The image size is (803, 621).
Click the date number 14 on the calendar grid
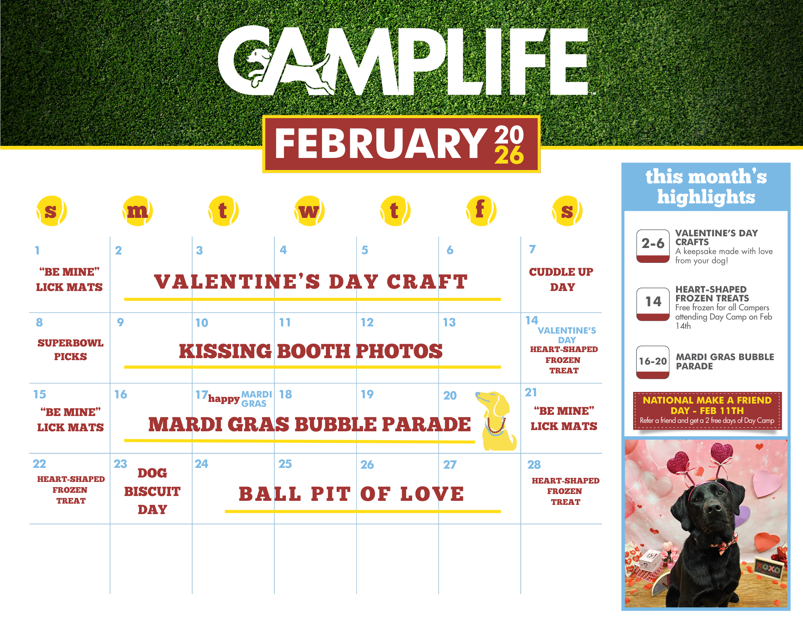531,320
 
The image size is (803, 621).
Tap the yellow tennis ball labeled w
309,211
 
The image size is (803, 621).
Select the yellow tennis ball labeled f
481,211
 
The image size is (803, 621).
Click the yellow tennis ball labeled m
137,211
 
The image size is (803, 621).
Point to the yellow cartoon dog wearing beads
497,421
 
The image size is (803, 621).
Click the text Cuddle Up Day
562,279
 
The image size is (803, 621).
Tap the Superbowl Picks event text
70,350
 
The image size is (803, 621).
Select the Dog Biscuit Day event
152,491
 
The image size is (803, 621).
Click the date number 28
534,465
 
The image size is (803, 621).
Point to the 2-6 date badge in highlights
653,246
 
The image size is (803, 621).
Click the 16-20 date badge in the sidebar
653,362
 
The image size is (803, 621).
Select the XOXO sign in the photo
768,568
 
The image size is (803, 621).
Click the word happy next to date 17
224,399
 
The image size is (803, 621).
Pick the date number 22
39,464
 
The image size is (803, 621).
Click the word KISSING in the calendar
225,351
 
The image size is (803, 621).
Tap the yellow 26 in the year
509,155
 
